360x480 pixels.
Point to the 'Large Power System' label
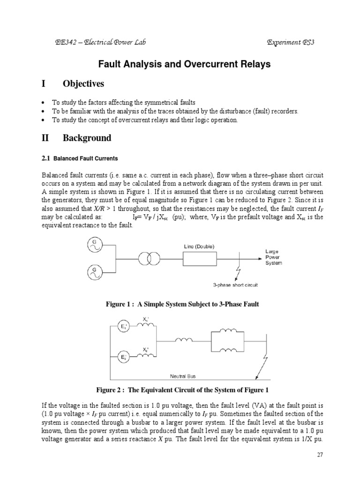point(274,257)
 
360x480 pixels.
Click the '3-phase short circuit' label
point(235,285)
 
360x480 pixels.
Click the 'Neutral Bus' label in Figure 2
point(183,375)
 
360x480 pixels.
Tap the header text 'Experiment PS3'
point(290,43)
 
